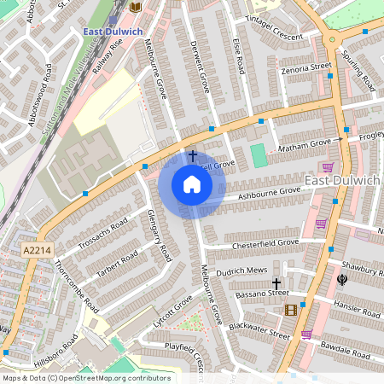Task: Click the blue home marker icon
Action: (192, 184)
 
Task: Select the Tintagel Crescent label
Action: (275, 37)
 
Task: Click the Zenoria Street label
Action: (308, 66)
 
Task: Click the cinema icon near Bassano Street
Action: (292, 309)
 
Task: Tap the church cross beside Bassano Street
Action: (276, 282)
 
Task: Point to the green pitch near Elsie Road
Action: (259, 155)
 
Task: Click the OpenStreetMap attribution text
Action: (85, 377)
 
